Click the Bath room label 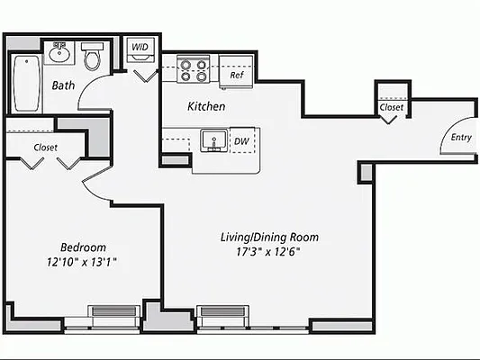point(62,87)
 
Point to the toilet point(91,58)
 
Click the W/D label point(140,46)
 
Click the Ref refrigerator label point(236,76)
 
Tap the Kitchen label point(206,106)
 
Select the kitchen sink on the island point(213,140)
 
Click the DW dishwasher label point(240,141)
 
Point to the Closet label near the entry point(392,107)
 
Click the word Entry point(461,138)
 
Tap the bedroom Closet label point(46,147)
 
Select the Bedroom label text point(83,247)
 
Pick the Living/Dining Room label point(270,238)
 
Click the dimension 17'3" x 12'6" point(270,253)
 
